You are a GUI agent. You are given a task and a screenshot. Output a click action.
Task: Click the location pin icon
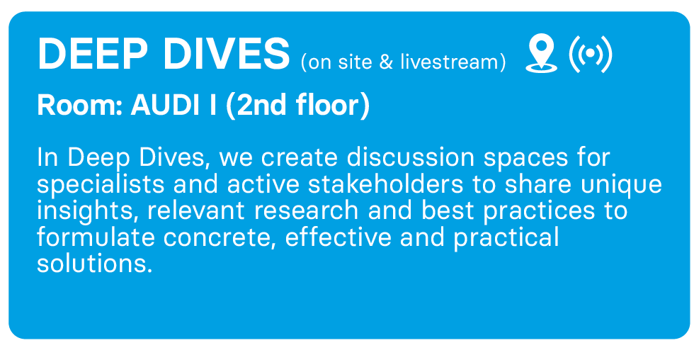[541, 54]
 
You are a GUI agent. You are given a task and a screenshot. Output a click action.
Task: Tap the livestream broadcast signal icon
[591, 54]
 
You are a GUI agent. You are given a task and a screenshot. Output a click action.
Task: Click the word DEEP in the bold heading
[93, 54]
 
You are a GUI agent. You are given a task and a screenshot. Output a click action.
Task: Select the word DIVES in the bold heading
[227, 54]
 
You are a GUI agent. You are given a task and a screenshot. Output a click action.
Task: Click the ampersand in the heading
[386, 62]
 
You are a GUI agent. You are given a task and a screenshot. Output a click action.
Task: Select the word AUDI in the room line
[166, 106]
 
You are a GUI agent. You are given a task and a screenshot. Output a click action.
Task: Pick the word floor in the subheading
[328, 105]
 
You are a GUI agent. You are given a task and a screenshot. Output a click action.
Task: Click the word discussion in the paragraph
[410, 157]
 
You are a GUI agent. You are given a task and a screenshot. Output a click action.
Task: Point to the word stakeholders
[385, 184]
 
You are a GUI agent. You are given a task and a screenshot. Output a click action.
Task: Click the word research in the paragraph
[306, 211]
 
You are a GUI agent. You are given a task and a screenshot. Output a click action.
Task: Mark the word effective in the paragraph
[339, 237]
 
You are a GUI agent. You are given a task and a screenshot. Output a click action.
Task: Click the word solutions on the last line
[95, 264]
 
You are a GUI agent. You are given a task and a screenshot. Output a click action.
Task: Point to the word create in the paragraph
[299, 158]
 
